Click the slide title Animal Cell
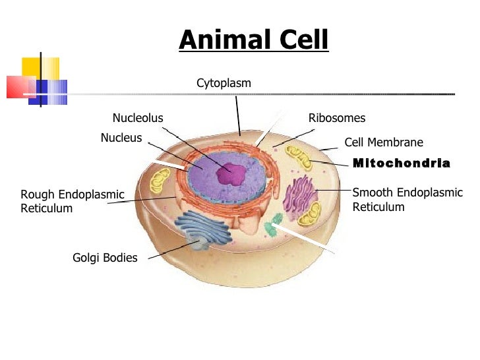tap(253, 40)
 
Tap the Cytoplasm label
tap(224, 83)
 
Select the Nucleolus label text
tap(138, 118)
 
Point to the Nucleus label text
tap(121, 138)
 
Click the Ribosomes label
tap(337, 118)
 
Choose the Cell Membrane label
tap(384, 142)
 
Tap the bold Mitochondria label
tap(402, 163)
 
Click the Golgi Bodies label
tap(105, 258)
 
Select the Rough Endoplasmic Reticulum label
tap(72, 201)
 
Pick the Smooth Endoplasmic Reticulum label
tap(407, 200)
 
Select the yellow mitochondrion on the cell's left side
tap(160, 180)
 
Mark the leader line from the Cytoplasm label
tap(238, 115)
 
